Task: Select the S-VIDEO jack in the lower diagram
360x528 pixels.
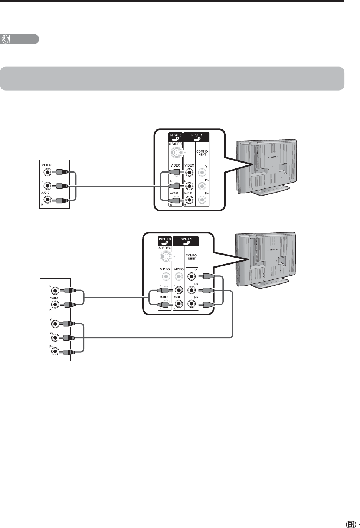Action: click(165, 256)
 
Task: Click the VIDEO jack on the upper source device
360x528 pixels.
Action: click(47, 172)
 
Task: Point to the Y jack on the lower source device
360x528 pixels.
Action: click(55, 324)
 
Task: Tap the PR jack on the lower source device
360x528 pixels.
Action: click(55, 351)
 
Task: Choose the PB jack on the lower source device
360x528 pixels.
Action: click(55, 338)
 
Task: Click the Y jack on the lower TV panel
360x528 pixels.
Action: click(192, 276)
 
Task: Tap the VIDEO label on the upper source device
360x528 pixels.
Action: click(47, 165)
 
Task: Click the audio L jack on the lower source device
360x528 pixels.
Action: click(55, 291)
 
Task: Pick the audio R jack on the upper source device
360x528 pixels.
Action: click(47, 200)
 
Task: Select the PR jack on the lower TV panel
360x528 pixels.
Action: click(192, 304)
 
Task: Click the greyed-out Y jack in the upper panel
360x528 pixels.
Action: click(202, 173)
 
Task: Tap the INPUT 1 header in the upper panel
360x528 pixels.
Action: click(196, 136)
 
